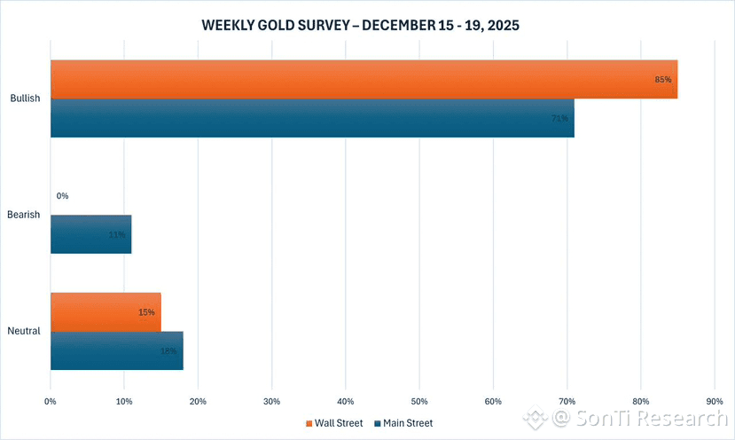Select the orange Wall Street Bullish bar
(x=364, y=79)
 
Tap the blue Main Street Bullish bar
(x=312, y=118)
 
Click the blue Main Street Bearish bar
(x=90, y=234)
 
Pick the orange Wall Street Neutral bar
(x=106, y=312)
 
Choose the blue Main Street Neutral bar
(x=116, y=350)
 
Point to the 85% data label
(x=662, y=80)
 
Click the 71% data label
(x=559, y=118)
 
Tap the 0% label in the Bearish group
(x=62, y=196)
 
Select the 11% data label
(x=116, y=235)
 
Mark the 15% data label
(x=146, y=312)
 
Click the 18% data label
(x=168, y=351)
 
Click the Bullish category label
(x=25, y=98)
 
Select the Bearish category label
(x=25, y=215)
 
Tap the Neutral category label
(x=25, y=332)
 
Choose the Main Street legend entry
(x=403, y=423)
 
